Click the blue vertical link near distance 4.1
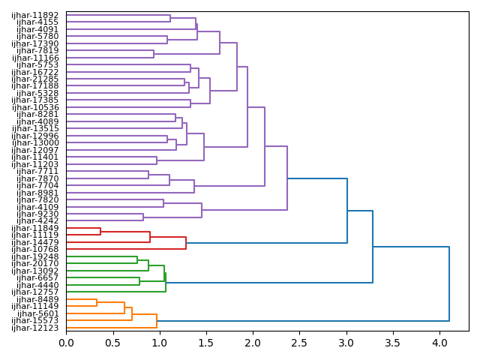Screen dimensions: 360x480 pos(448,283)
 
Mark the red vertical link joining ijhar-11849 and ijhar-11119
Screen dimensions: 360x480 pos(100,232)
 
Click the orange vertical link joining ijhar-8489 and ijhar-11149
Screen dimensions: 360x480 pos(97,303)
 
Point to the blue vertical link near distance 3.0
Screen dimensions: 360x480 pos(347,211)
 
